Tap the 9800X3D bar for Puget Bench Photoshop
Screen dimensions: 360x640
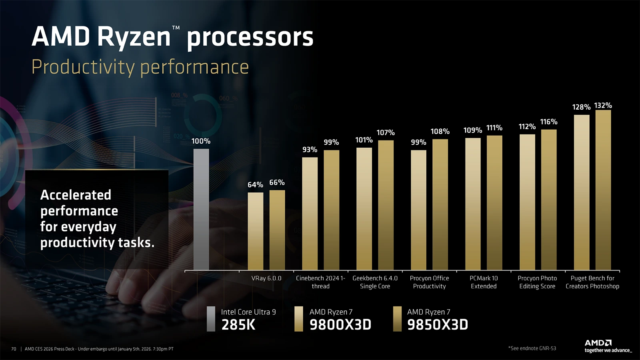(x=582, y=192)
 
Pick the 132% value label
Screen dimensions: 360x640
(x=603, y=106)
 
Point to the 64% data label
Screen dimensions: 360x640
(x=255, y=185)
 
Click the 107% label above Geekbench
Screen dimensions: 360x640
(x=386, y=132)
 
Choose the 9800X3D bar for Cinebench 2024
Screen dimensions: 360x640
(x=310, y=214)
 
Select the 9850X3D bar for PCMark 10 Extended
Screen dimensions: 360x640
(x=494, y=203)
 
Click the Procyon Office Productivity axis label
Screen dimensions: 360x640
(x=429, y=282)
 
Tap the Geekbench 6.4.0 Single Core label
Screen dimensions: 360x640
(x=375, y=282)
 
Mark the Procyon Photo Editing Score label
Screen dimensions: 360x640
(x=537, y=282)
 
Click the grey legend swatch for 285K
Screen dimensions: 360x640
(x=211, y=319)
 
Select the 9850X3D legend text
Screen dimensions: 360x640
(x=438, y=324)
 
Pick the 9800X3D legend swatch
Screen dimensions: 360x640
(x=298, y=319)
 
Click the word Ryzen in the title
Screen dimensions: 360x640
(x=134, y=37)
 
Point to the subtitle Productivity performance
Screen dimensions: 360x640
(x=140, y=67)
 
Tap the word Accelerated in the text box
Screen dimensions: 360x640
(x=76, y=195)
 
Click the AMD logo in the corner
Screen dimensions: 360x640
(x=598, y=343)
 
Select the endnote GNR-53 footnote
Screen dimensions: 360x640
(x=532, y=348)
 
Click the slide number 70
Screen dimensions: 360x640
(x=14, y=349)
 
